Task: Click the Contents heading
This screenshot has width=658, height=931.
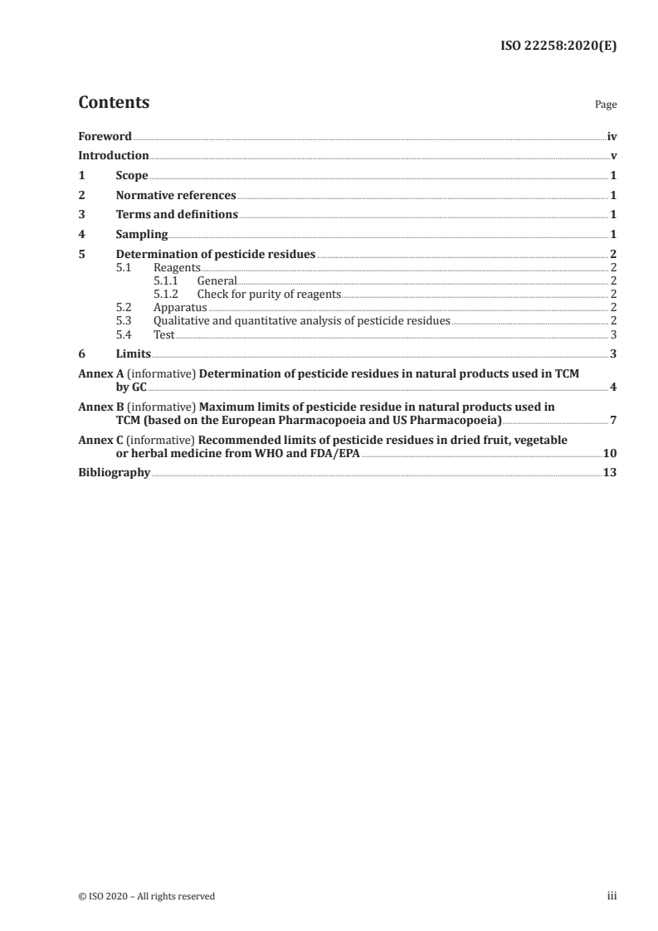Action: pyautogui.click(x=114, y=103)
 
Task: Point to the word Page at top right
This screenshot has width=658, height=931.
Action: pyautogui.click(x=606, y=105)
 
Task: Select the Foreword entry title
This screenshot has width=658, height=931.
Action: pyautogui.click(x=105, y=136)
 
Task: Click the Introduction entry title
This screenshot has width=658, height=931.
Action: pyautogui.click(x=113, y=156)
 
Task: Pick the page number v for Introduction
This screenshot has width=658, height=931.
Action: pyautogui.click(x=613, y=156)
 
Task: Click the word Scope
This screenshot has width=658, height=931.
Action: pyautogui.click(x=132, y=176)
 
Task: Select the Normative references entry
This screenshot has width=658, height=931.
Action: pyautogui.click(x=176, y=196)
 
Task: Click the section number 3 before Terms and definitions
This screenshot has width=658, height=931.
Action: pyautogui.click(x=81, y=215)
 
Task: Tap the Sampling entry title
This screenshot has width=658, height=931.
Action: pyautogui.click(x=142, y=235)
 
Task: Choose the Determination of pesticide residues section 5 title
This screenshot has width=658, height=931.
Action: pyautogui.click(x=215, y=255)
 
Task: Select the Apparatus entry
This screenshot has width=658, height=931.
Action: pyautogui.click(x=180, y=308)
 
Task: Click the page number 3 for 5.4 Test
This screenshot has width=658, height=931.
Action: pyautogui.click(x=613, y=334)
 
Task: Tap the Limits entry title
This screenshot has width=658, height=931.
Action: pyautogui.click(x=134, y=354)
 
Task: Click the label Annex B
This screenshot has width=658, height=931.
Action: pyautogui.click(x=99, y=407)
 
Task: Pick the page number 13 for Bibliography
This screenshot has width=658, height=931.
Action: pyautogui.click(x=610, y=472)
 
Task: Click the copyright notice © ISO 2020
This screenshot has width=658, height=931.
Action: pyautogui.click(x=146, y=896)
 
